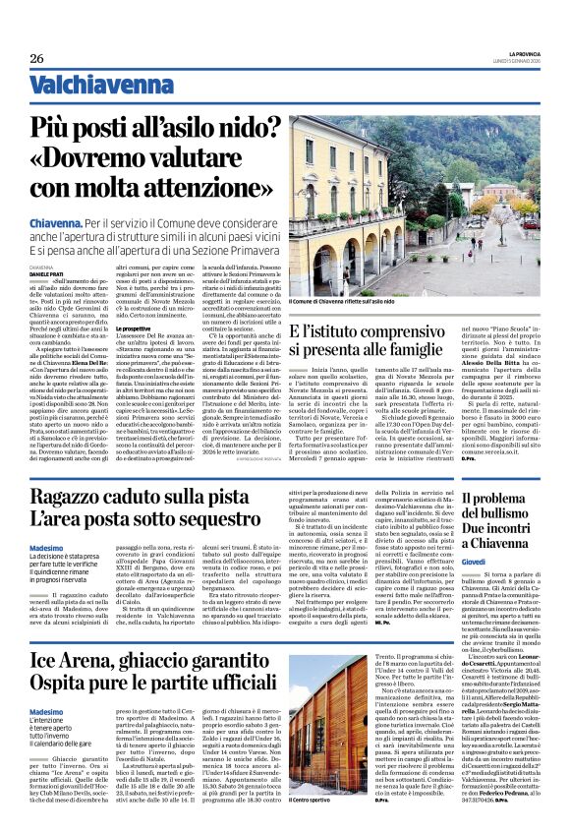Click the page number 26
tap(36, 59)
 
